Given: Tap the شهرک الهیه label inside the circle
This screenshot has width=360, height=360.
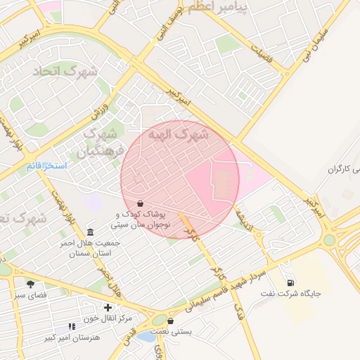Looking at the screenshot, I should pyautogui.click(x=180, y=134).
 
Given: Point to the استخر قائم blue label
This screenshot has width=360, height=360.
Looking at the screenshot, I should pyautogui.click(x=46, y=167).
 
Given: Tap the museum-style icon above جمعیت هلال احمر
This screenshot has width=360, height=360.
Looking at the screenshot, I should pyautogui.click(x=90, y=233).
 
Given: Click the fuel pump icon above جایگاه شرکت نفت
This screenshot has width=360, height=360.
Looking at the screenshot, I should pyautogui.click(x=290, y=283).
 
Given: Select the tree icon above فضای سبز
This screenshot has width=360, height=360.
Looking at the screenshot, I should pyautogui.click(x=30, y=284).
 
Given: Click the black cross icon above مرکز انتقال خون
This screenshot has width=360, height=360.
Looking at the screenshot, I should pyautogui.click(x=107, y=307).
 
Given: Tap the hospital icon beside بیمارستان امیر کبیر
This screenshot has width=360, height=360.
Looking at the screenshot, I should pyautogui.click(x=71, y=327).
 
